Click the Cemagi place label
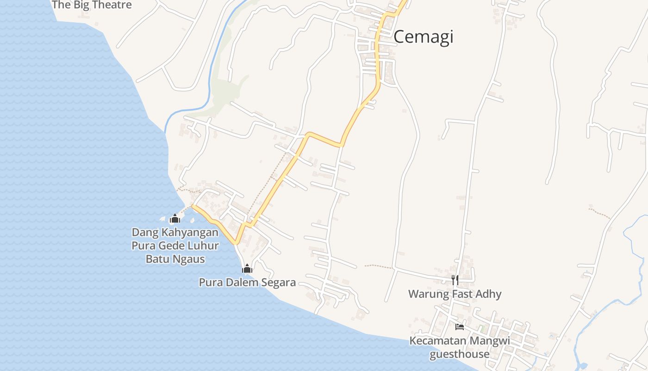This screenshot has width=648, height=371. click(423, 37)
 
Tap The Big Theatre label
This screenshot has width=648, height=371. click(92, 5)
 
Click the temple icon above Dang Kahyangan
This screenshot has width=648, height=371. click(174, 218)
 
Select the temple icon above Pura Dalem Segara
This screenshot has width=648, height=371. click(247, 269)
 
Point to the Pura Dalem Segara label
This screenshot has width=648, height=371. click(247, 282)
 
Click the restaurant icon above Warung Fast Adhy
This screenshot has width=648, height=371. click(455, 280)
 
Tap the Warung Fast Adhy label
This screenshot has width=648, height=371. click(455, 294)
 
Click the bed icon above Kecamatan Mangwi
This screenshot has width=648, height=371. click(460, 326)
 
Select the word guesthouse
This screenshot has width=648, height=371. click(460, 354)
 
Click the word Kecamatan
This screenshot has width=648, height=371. click(438, 341)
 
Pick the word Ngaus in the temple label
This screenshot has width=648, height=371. click(189, 259)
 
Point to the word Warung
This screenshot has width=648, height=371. click(422, 294)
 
